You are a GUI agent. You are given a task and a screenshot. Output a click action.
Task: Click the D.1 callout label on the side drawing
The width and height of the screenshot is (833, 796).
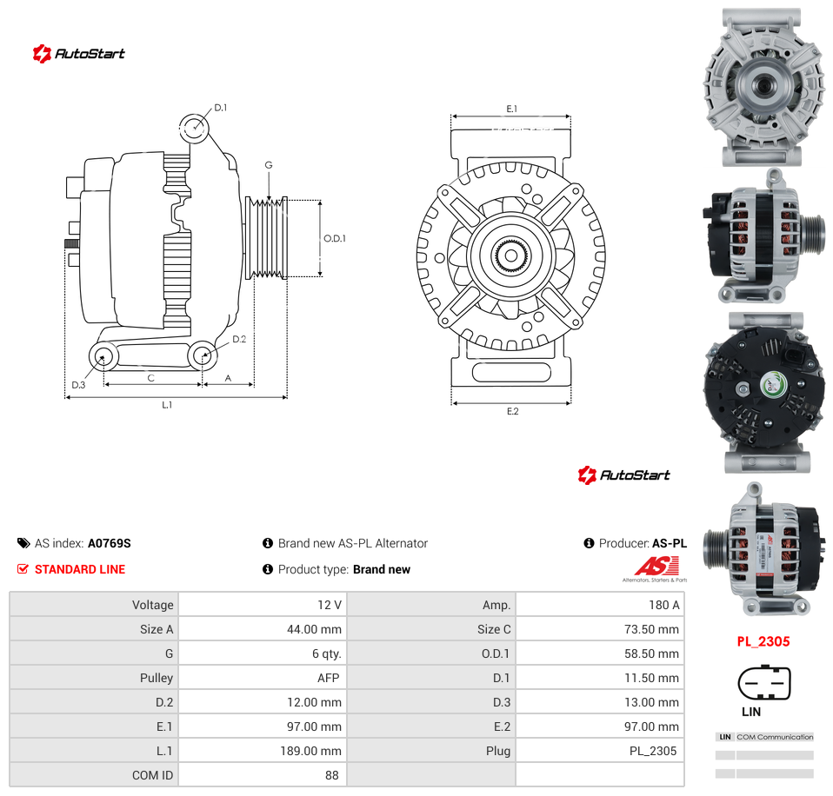[x=221, y=108]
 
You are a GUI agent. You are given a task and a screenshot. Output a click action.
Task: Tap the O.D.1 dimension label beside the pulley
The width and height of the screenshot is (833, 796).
[x=335, y=238]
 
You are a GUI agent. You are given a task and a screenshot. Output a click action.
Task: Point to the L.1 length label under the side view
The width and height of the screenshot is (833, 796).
[x=167, y=405]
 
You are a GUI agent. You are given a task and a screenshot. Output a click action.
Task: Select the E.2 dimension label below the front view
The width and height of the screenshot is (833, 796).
[x=513, y=411]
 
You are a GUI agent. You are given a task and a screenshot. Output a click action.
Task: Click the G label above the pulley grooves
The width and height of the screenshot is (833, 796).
[x=269, y=165]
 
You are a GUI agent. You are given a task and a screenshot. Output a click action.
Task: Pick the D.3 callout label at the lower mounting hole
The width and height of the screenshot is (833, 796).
[x=78, y=384]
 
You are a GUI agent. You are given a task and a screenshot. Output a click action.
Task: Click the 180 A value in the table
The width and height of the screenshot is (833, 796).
[x=663, y=605]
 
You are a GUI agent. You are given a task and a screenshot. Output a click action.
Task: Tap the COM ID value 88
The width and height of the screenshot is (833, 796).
[x=332, y=775]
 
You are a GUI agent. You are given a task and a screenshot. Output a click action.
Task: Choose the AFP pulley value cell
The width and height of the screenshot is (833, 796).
[x=329, y=678]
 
